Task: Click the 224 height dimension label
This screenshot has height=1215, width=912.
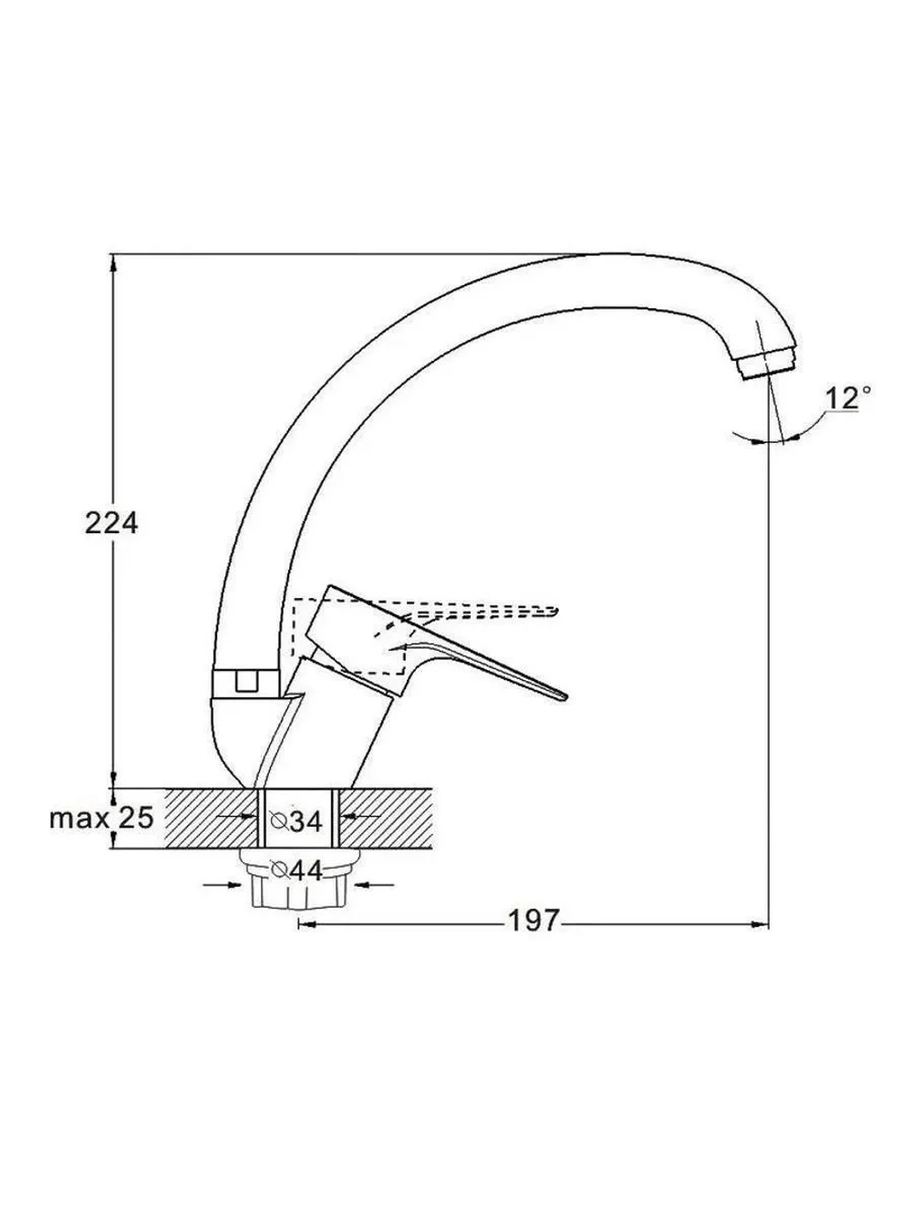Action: pyautogui.click(x=110, y=523)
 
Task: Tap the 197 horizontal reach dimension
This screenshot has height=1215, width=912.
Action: pyautogui.click(x=534, y=921)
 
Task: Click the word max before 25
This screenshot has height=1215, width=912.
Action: pyautogui.click(x=79, y=819)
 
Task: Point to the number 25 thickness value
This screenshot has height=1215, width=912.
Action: pyautogui.click(x=136, y=818)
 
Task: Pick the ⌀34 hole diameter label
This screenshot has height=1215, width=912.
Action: pyautogui.click(x=295, y=821)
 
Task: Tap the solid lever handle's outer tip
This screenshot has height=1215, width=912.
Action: pyautogui.click(x=565, y=697)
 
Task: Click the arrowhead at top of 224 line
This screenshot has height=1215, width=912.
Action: pyautogui.click(x=113, y=263)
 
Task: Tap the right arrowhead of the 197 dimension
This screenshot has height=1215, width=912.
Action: pyautogui.click(x=760, y=923)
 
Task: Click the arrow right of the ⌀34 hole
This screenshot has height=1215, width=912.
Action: pyautogui.click(x=359, y=816)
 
